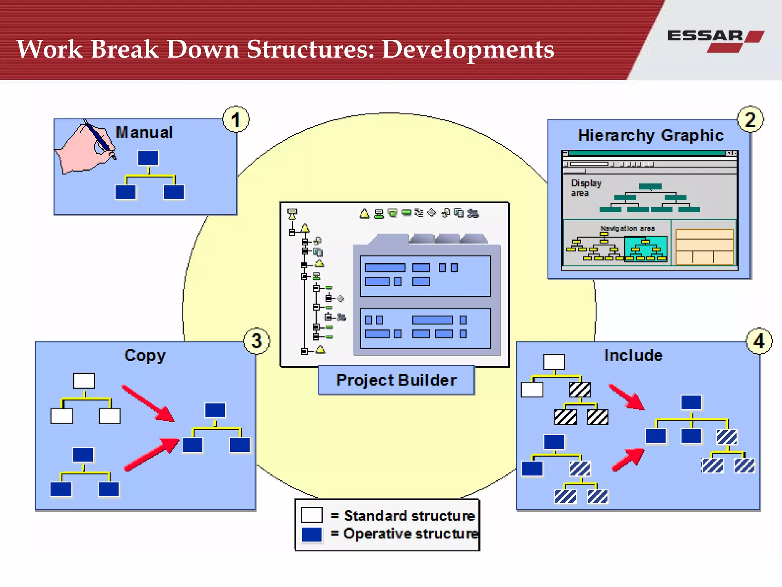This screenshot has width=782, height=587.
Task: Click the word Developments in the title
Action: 468,50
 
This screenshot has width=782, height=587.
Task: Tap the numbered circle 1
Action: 236,120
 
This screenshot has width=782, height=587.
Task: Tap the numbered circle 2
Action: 750,120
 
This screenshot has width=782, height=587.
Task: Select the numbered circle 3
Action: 257,341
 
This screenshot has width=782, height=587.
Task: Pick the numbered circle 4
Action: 759,341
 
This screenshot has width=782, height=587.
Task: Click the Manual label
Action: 144,133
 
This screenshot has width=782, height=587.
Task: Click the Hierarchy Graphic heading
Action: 650,136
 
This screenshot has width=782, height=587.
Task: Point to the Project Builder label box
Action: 396,380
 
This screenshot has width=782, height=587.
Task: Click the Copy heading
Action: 145,356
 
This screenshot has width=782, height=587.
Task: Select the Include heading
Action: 633,355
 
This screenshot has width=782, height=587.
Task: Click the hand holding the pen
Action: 86,147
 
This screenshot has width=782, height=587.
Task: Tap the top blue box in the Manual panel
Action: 148,158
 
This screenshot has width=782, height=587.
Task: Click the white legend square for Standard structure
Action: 312,515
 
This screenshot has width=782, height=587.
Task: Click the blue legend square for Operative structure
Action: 312,534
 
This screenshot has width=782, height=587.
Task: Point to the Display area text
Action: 585,188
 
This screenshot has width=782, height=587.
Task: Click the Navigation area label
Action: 627,228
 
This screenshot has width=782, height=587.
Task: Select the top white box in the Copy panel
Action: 84,381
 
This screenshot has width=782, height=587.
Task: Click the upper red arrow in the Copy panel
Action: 148,404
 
